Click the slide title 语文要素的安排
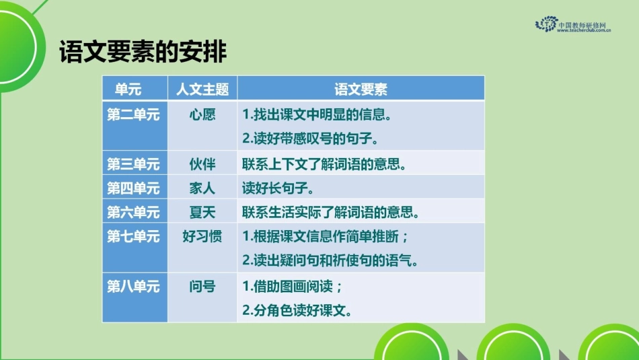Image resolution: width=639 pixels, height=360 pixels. (143, 52)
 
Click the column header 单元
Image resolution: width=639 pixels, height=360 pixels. (128, 89)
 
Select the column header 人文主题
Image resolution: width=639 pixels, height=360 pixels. (202, 89)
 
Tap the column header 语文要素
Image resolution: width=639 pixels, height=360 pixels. (361, 89)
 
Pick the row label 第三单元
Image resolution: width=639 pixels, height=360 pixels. (134, 164)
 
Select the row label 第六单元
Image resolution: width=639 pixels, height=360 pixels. (134, 213)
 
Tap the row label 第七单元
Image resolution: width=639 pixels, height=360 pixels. (134, 237)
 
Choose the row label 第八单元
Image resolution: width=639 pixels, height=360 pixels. (134, 286)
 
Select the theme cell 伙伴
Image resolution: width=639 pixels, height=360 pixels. (202, 164)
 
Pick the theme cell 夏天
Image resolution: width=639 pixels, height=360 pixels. (202, 213)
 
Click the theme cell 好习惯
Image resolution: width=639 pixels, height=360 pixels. (202, 237)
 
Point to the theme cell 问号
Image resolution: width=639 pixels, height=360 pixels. (202, 286)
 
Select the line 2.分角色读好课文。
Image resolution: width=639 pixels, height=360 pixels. (297, 310)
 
